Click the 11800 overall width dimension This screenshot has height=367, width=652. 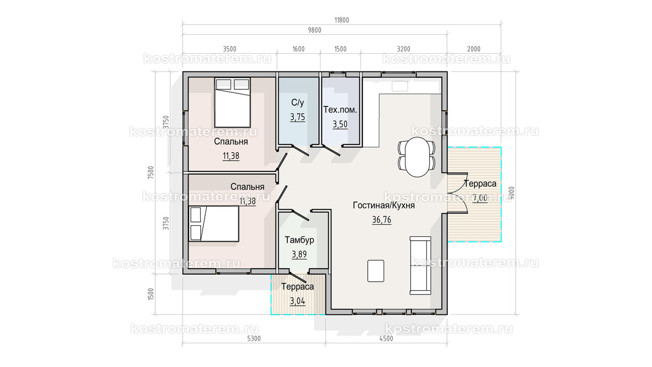coord(342,20)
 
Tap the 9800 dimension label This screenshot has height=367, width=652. coord(314,30)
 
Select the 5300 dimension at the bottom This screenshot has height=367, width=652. coord(254,339)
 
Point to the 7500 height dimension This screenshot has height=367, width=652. coord(150,172)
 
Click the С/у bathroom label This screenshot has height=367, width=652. coord(298,103)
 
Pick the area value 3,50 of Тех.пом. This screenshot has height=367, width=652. coord(340,124)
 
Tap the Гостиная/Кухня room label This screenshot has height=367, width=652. coord(383,205)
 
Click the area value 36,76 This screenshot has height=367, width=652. coord(382,220)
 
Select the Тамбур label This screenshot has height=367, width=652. coord(299,240)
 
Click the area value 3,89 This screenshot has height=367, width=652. coord(299,255)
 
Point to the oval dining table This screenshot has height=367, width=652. coord(417,157)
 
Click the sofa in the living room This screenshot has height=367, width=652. coord(421,265)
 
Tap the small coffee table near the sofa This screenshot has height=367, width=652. coord(375,271)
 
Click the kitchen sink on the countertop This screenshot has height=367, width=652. coord(400,86)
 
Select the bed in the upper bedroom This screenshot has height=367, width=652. coord(232,103)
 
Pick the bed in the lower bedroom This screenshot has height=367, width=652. coord(214,224)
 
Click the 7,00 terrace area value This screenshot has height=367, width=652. coord(480,198)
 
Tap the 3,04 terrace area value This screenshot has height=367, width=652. coord(298,301)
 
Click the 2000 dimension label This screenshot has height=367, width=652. coord(474,49)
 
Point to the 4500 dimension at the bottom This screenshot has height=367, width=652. coord(386,339)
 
